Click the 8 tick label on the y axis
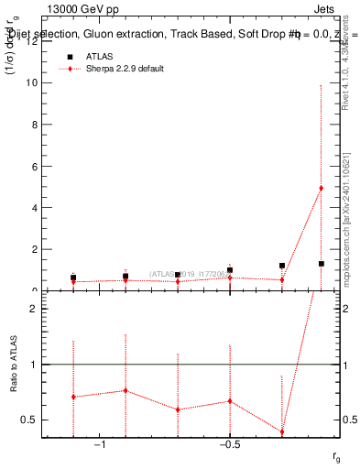tap(36, 125)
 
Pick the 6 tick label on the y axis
tap(36, 167)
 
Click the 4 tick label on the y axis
tap(36, 208)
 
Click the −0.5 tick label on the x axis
tap(229, 444)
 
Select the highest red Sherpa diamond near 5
tap(321, 188)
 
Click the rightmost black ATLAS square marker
tap(321, 264)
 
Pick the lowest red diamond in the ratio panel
tap(282, 431)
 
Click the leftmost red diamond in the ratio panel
tap(73, 397)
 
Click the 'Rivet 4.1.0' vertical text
tap(345, 64)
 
